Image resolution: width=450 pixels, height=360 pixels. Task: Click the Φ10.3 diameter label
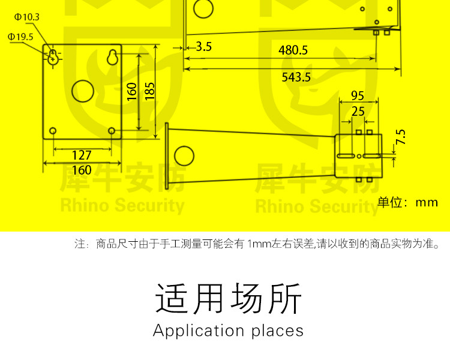(x=26, y=17)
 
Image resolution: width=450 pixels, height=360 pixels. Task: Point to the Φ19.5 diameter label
(x=20, y=37)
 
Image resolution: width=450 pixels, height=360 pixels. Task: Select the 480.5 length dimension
(x=293, y=50)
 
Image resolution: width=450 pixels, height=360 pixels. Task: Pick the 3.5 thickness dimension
(x=203, y=46)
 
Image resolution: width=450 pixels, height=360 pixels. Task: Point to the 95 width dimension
(x=357, y=95)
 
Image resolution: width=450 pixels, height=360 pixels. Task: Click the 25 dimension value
(x=358, y=111)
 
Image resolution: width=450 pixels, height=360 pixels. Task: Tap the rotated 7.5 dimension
(x=401, y=137)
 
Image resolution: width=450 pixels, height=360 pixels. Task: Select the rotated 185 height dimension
(x=150, y=91)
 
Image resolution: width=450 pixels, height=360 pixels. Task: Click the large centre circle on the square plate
(x=83, y=91)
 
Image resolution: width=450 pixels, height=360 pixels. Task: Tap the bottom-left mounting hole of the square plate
(x=53, y=130)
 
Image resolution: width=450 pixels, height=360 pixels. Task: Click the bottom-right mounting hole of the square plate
(x=112, y=130)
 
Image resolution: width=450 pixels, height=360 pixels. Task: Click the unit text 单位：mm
(x=408, y=202)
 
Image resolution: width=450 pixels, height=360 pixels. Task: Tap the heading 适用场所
(x=228, y=298)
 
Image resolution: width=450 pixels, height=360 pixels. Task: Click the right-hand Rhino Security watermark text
(x=317, y=207)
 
